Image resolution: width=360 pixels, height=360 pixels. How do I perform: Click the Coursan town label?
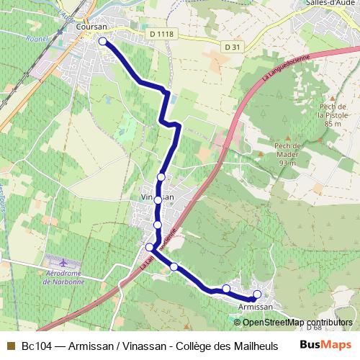click(91, 27)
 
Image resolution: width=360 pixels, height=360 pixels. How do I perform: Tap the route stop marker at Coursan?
click(103, 42)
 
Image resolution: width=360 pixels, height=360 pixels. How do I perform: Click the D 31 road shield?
click(231, 47)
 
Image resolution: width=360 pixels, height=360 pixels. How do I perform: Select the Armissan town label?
click(256, 307)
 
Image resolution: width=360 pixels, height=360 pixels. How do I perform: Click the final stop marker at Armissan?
click(257, 294)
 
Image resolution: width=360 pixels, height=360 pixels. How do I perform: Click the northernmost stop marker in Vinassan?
click(161, 177)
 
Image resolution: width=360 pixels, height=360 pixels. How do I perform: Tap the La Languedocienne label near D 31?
click(286, 67)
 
